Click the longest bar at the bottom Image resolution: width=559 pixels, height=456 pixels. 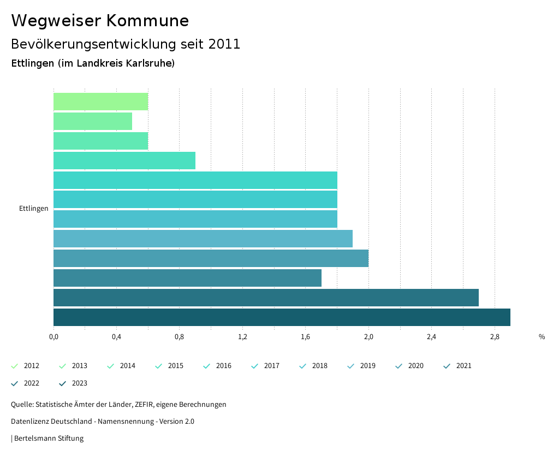pos(282,317)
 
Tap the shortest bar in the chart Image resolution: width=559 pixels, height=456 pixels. pos(93,121)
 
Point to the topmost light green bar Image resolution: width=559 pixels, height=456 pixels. pos(101,102)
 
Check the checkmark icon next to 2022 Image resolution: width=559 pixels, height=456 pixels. pos(15,383)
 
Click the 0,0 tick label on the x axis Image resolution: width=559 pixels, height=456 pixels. pos(53,337)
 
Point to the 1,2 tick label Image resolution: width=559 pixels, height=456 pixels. pos(242,337)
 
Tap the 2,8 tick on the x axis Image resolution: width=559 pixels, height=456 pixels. pos(495,337)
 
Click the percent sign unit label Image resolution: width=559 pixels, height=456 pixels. pos(542,337)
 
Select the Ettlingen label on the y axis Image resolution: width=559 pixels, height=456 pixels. pos(34,209)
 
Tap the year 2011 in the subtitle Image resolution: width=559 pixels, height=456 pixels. pos(224,44)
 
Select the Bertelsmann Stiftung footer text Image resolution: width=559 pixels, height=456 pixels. pos(49,439)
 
